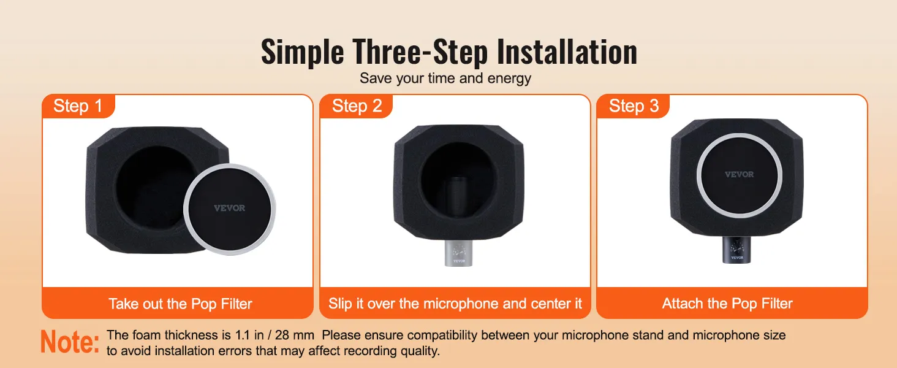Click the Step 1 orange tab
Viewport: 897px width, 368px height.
tap(78, 106)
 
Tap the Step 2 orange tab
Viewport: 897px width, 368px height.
tap(357, 106)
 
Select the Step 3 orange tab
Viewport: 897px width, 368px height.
tap(634, 106)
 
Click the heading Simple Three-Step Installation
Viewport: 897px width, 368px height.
tap(449, 52)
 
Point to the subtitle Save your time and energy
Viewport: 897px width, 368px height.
tap(445, 79)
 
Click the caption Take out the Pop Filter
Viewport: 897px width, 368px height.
tap(180, 304)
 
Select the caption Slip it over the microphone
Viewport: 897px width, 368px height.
tap(455, 304)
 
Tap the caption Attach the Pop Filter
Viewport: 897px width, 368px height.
tap(727, 304)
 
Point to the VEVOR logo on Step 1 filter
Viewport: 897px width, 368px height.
tap(230, 208)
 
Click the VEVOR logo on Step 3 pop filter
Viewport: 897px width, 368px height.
tap(739, 174)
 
